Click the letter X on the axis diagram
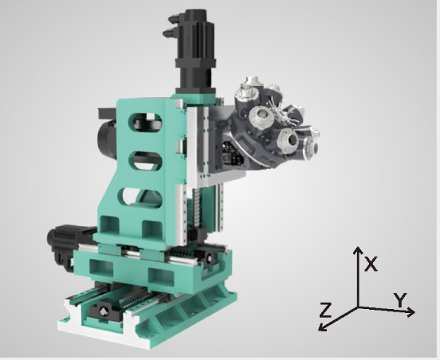click(x=371, y=264)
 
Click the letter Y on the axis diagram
click(x=400, y=300)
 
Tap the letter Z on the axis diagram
click(x=326, y=310)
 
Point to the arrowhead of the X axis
click(x=357, y=250)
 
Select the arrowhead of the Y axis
click(x=411, y=311)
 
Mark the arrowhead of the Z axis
click(x=323, y=327)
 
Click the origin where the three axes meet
click(x=358, y=307)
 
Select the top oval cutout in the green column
click(x=145, y=122)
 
